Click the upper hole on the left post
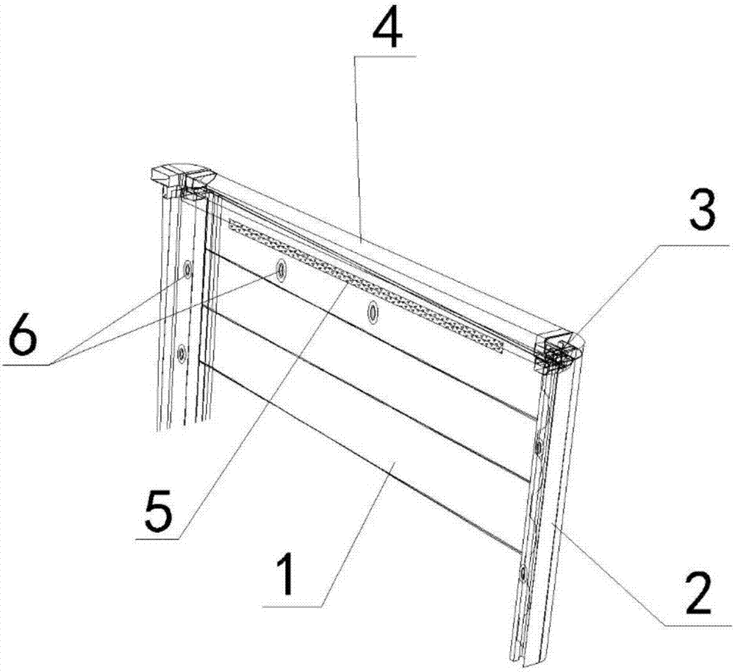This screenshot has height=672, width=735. tap(188, 271)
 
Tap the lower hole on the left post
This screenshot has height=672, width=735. tap(181, 354)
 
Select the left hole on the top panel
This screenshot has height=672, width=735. tap(281, 271)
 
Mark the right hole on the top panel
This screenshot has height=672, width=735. tap(373, 312)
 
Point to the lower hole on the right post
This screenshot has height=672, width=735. tap(523, 573)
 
